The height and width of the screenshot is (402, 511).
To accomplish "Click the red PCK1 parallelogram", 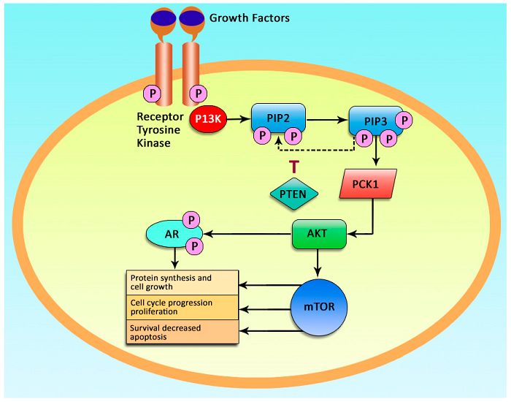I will click(368, 185).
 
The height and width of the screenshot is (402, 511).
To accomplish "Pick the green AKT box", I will click(318, 234).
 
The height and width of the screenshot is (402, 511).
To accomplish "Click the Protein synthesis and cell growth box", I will click(182, 282).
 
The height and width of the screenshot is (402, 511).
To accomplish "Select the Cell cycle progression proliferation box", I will click(182, 306).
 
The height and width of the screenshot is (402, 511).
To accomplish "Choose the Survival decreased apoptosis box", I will click(182, 333).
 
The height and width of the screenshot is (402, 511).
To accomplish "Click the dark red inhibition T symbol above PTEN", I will click(293, 166).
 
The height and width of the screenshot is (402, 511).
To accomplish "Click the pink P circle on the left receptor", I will click(153, 94).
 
